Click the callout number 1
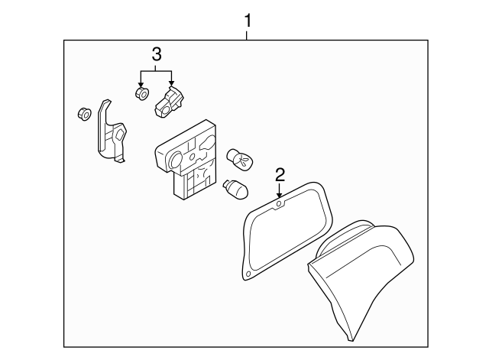248,21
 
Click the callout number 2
280,175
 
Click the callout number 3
156,54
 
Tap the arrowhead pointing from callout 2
280,195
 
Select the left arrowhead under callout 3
141,85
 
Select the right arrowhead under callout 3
171,83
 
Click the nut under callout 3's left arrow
142,93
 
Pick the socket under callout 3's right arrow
168,103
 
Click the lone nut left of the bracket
84,114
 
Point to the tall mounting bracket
110,132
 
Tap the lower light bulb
235,189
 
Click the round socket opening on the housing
176,160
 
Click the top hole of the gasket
280,204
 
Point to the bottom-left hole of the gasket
248,274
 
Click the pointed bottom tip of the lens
351,340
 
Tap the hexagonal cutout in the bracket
121,135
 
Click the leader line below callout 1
248,35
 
